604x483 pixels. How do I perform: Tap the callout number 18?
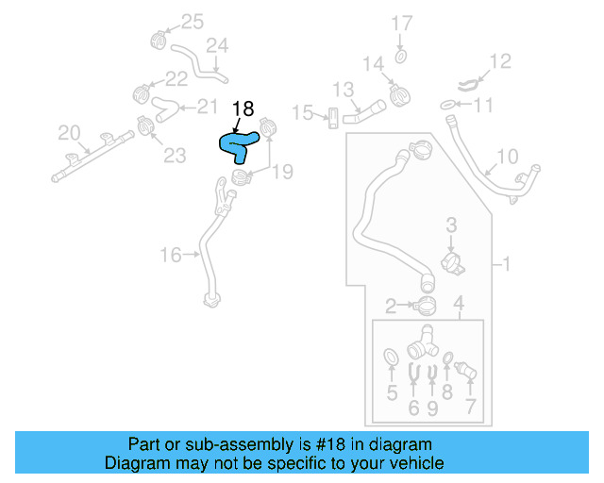(243, 109)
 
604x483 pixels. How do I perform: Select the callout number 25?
(192, 21)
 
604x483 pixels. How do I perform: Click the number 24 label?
(217, 45)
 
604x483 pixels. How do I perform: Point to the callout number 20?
(70, 132)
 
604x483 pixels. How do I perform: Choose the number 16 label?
(170, 254)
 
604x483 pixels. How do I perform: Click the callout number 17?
(402, 23)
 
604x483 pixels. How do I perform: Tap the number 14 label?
(374, 64)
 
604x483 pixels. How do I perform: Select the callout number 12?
(499, 62)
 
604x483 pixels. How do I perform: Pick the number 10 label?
(507, 156)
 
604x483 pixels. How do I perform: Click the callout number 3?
(451, 225)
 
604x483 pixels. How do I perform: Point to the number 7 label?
(470, 408)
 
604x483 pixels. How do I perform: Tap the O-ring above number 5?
(390, 356)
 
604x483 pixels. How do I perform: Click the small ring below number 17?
(401, 58)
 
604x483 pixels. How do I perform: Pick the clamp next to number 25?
(159, 40)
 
